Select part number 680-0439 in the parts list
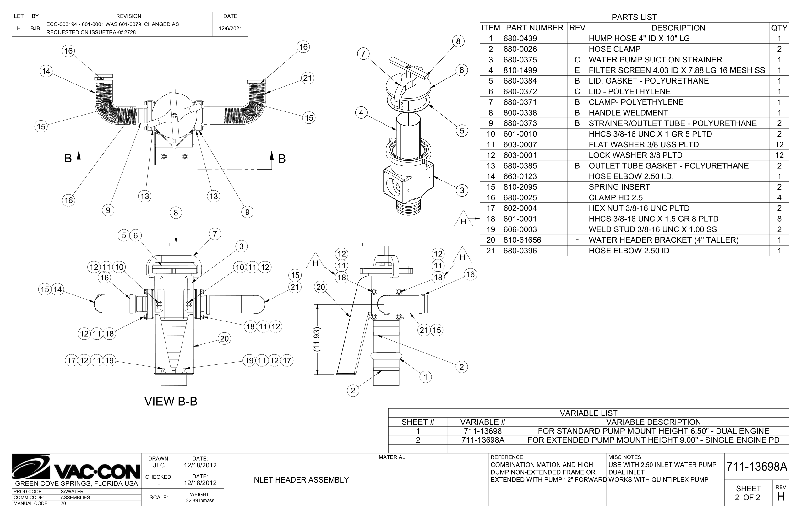[x=520, y=38]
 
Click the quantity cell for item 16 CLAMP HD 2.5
[x=779, y=197]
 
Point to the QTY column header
[x=779, y=28]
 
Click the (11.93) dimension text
[x=317, y=339]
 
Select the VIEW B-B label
[x=171, y=401]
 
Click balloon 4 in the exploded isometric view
[x=361, y=113]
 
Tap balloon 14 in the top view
[x=46, y=71]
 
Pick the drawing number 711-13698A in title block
[x=756, y=467]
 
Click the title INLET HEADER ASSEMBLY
[x=300, y=480]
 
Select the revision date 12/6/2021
[x=230, y=28]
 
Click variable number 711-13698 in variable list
[x=482, y=431]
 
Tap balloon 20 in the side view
[x=321, y=287]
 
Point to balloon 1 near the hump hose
[x=425, y=377]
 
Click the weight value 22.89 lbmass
[x=200, y=500]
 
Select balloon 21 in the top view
[x=307, y=78]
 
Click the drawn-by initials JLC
[x=159, y=465]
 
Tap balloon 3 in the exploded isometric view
[x=462, y=190]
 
